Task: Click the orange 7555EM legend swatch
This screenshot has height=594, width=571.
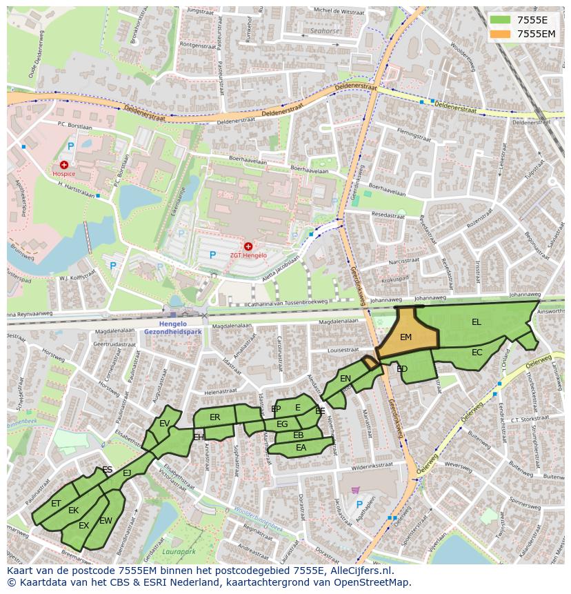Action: (501, 34)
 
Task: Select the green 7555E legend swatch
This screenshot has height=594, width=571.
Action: (501, 20)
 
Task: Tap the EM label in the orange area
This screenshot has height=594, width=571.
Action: (405, 337)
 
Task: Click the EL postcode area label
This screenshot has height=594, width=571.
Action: (477, 322)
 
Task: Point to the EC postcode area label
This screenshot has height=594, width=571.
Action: (477, 352)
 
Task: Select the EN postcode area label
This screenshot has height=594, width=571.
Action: (345, 378)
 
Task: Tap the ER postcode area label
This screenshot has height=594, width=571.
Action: (214, 417)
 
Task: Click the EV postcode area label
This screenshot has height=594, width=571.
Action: (164, 424)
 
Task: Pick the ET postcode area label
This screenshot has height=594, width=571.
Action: (56, 504)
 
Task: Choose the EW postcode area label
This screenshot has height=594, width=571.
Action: (106, 521)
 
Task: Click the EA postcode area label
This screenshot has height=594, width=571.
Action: (301, 448)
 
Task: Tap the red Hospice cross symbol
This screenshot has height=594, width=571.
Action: (64, 165)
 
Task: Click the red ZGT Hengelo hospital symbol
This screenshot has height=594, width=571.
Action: (248, 246)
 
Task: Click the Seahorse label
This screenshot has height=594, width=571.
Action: (324, 31)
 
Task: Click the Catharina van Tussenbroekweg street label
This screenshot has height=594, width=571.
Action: (288, 301)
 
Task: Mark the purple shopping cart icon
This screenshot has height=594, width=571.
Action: (355, 490)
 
